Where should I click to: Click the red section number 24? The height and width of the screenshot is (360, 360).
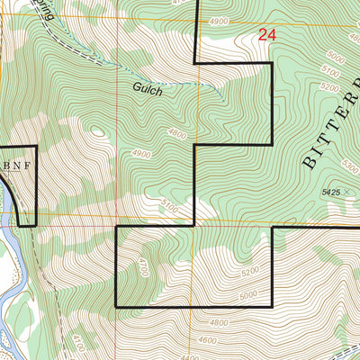click(266, 35)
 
